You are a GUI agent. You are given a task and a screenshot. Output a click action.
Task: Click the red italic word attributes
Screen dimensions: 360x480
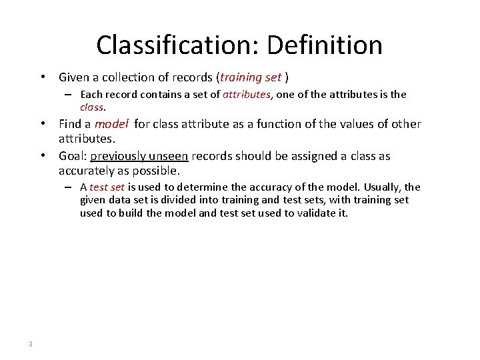click(247, 95)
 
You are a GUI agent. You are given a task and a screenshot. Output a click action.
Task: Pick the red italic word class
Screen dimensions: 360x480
click(92, 107)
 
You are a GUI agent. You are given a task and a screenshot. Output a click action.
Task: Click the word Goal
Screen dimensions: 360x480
click(72, 156)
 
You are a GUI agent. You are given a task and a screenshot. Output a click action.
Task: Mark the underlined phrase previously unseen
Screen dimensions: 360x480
click(140, 156)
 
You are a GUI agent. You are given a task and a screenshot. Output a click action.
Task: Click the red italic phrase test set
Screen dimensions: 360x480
click(107, 187)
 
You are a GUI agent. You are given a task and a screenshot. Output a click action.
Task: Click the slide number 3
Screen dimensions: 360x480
click(31, 344)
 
